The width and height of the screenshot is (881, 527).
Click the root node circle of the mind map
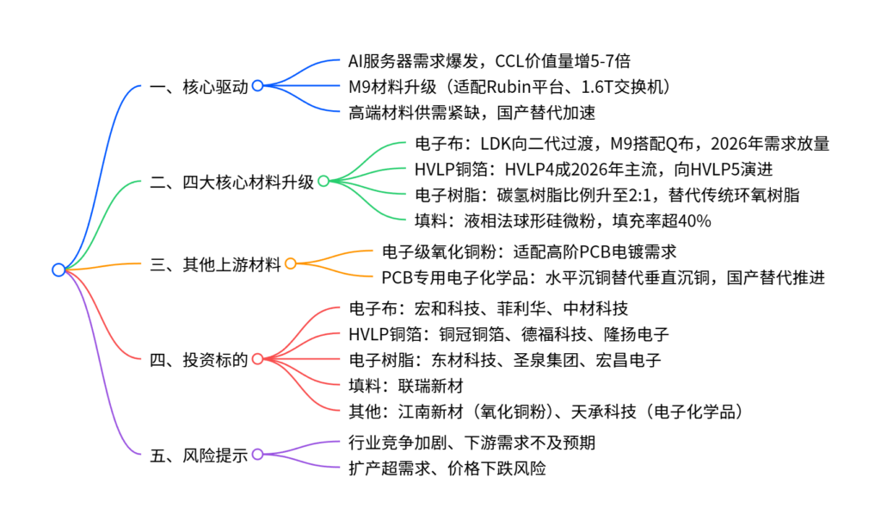pos(59,270)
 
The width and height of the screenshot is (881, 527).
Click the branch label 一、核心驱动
pos(199,86)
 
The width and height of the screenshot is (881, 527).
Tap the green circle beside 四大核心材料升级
pos(323,181)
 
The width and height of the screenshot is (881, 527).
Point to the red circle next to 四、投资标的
pos(257,358)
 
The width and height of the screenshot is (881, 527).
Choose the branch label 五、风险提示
pos(199,455)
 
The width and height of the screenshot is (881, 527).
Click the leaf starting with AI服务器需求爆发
pos(493,62)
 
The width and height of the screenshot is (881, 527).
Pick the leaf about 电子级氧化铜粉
pos(529,252)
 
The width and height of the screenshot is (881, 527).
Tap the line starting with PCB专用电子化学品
pos(603,277)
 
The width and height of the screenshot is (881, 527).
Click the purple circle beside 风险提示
pos(257,455)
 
